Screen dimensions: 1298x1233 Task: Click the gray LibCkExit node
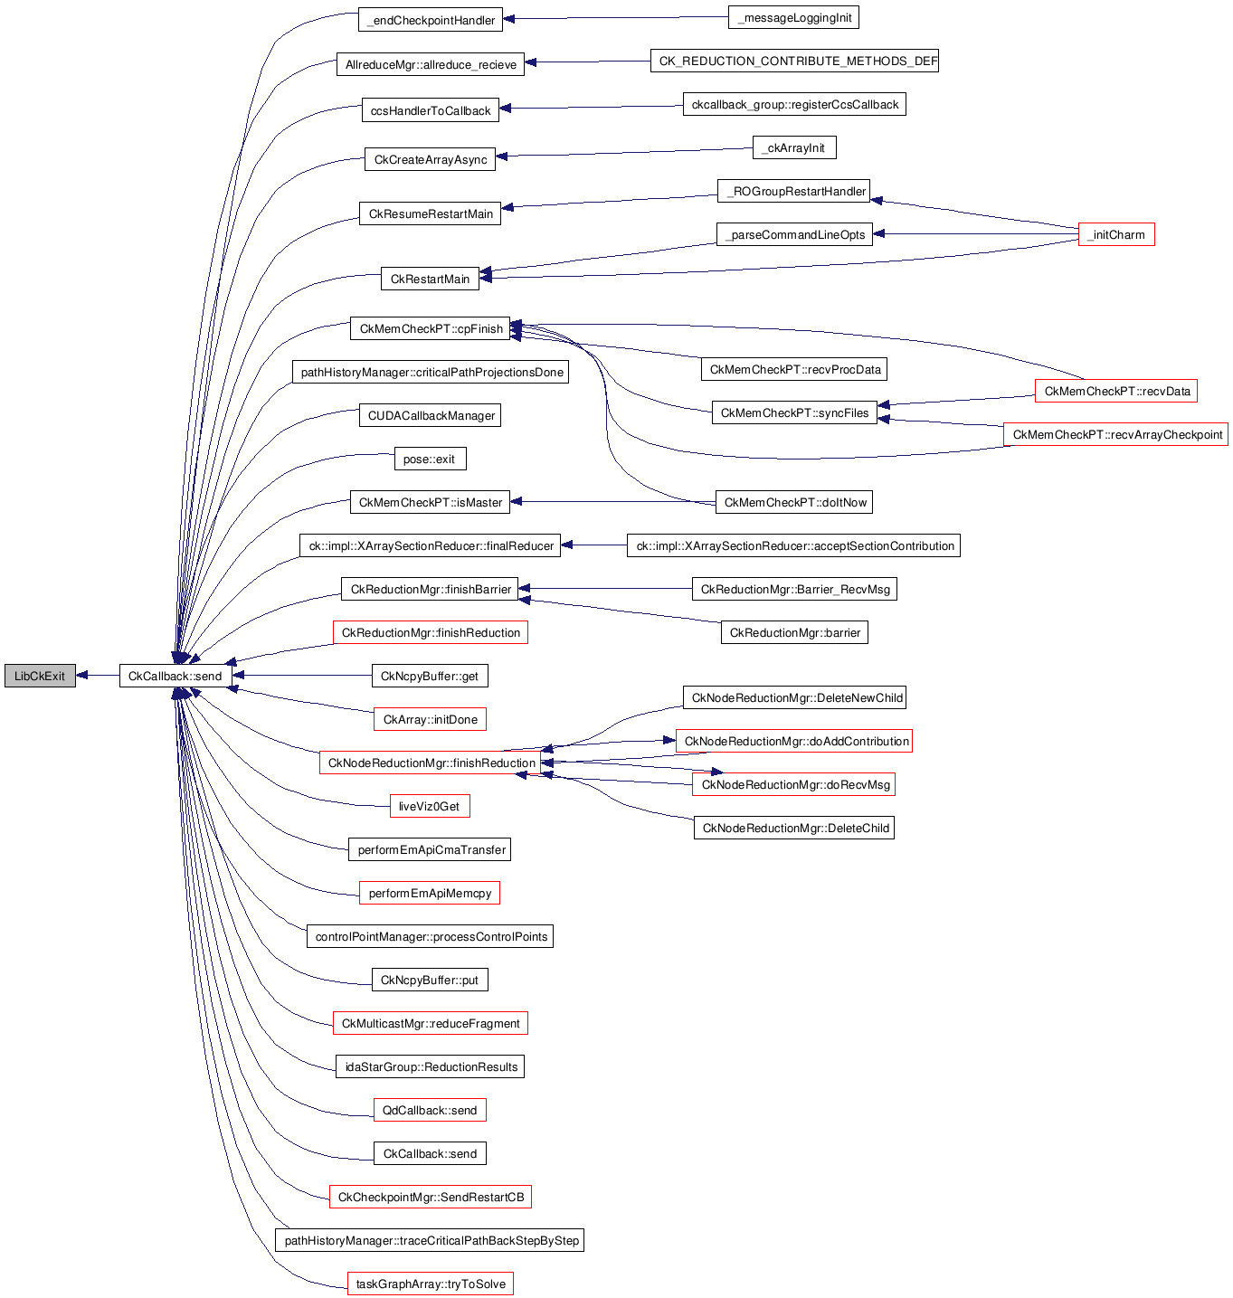[40, 676]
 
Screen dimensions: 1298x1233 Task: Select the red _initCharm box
[1116, 234]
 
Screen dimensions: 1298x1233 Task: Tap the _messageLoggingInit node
[793, 17]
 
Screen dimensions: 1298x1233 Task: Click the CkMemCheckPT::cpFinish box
[431, 328]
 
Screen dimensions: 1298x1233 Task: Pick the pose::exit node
[430, 459]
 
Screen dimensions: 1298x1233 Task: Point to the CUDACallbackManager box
[431, 415]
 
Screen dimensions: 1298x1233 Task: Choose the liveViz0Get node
[430, 806]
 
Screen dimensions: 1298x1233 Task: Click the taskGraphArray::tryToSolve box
[431, 1284]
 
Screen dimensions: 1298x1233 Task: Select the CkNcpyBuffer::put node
[430, 980]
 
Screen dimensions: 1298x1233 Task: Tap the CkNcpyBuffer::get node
[430, 676]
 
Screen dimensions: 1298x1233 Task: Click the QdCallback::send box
[430, 1110]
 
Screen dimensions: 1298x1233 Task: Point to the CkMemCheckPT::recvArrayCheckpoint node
[1116, 434]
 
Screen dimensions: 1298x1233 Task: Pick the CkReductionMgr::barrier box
[794, 632]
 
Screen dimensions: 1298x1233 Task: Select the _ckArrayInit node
[794, 147]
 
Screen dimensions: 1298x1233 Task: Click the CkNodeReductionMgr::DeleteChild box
[794, 828]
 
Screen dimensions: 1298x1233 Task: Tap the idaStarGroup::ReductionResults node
[431, 1066]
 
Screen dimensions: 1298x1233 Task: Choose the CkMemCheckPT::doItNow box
[794, 502]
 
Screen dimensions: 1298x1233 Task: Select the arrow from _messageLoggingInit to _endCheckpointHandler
[615, 18]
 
